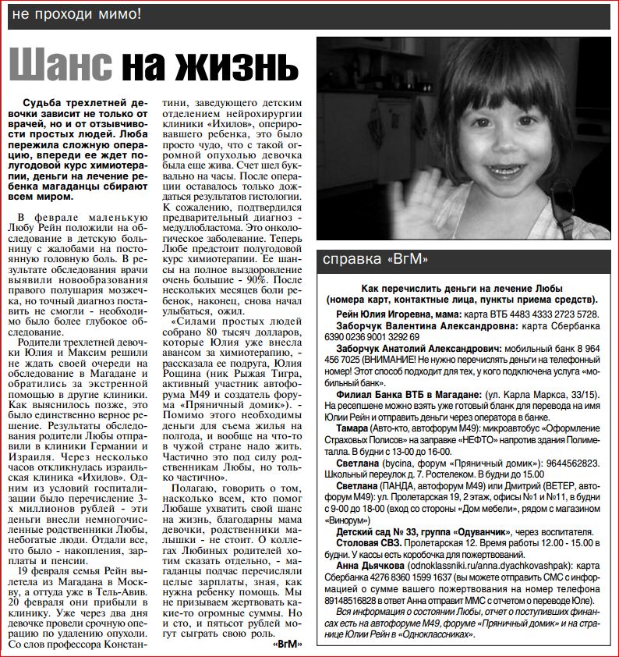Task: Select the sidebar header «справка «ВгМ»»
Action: [x=376, y=259]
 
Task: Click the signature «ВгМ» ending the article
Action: [x=287, y=645]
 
